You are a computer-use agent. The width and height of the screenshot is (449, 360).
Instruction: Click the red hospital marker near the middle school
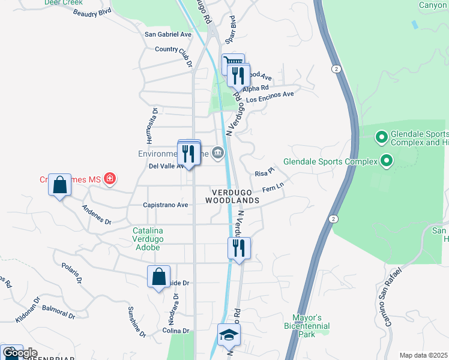click(109, 178)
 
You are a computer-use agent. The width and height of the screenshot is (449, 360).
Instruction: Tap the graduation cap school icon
click(228, 335)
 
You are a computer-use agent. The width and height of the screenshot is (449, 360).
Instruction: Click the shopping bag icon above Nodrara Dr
click(158, 277)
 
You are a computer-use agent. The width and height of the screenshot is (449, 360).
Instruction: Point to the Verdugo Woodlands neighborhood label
click(235, 196)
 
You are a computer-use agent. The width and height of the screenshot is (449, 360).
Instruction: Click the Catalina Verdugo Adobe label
click(147, 239)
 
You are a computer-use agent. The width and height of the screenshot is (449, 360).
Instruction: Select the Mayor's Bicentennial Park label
click(307, 325)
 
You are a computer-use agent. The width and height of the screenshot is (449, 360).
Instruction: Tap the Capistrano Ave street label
click(166, 205)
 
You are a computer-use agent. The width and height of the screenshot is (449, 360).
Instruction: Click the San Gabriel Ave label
click(168, 34)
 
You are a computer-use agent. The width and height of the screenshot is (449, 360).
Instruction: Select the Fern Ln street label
click(272, 189)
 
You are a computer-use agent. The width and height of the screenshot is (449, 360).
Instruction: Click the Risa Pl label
click(264, 173)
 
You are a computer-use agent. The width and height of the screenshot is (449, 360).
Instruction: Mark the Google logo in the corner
click(20, 353)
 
